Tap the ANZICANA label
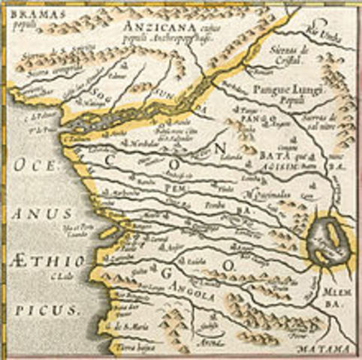click(149, 25)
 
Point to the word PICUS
click(45, 308)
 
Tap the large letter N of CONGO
click(219, 148)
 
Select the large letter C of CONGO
click(110, 158)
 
